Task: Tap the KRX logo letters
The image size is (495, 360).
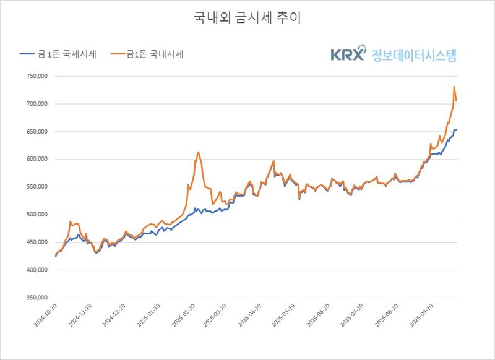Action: click(x=348, y=55)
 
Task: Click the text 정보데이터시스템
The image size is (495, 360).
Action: click(x=414, y=55)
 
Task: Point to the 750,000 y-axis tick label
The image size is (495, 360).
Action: click(x=36, y=77)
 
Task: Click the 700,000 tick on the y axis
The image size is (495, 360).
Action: click(x=36, y=104)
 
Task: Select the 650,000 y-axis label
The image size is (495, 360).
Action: click(x=36, y=132)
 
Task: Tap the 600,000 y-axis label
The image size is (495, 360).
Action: click(x=36, y=160)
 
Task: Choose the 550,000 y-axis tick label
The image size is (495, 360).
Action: click(x=36, y=187)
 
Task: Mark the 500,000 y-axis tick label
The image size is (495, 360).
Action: click(x=36, y=215)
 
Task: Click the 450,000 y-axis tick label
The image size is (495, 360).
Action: click(x=36, y=242)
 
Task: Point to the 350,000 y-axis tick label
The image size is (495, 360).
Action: click(x=36, y=298)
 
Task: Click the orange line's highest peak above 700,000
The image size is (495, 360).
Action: click(x=454, y=87)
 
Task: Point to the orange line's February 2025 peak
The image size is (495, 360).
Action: click(x=199, y=152)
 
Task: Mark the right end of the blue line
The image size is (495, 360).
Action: click(x=456, y=129)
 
